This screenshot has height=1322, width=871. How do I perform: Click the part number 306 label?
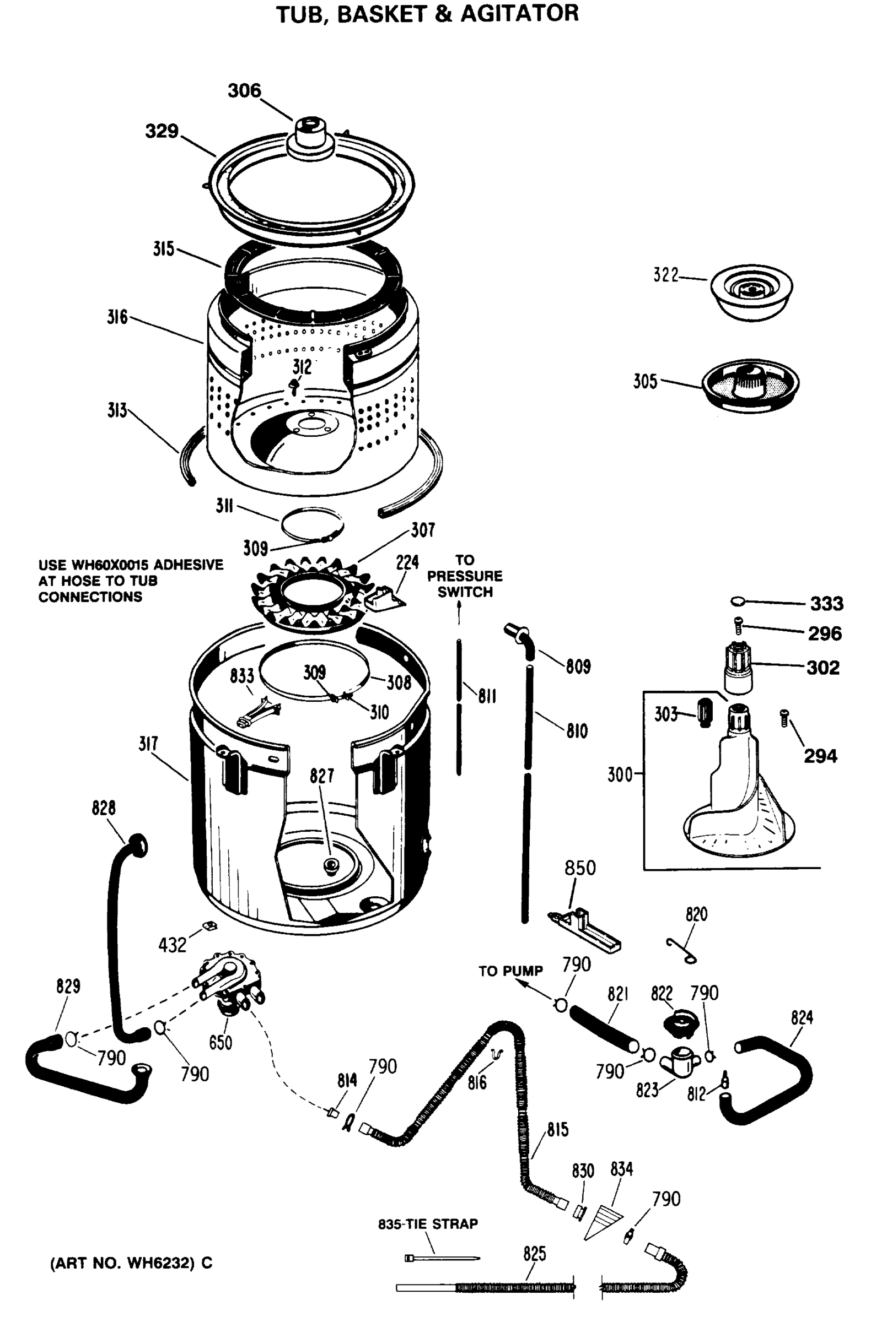(244, 90)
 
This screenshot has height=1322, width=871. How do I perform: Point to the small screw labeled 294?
(784, 718)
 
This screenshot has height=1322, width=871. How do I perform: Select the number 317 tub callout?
(148, 744)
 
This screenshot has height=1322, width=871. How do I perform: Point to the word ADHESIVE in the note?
(188, 565)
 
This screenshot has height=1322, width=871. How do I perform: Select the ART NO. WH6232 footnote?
(131, 1263)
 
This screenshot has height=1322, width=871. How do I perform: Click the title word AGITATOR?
(519, 13)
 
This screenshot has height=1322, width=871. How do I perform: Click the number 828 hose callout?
(104, 808)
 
